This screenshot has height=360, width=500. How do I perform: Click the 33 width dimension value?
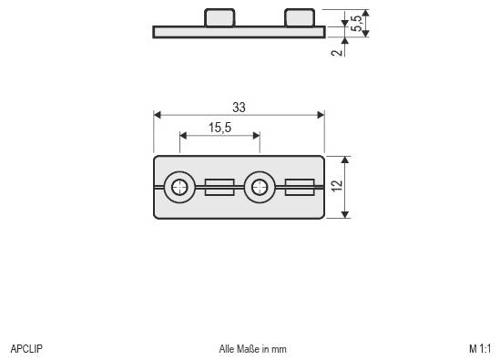point(239,107)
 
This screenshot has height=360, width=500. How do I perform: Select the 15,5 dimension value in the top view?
point(219,128)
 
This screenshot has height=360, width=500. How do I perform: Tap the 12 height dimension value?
point(336,187)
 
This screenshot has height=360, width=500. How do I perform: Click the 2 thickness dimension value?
point(336,52)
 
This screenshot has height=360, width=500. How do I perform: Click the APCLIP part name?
point(26,348)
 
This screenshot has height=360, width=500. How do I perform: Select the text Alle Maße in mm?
point(252,348)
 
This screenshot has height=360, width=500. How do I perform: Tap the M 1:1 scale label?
point(480,348)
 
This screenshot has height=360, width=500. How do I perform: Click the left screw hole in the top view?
point(180,187)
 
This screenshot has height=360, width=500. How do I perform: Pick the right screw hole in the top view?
point(260,187)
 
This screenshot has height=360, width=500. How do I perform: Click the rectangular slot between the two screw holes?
point(219,187)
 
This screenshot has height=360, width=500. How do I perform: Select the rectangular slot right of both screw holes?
point(300,187)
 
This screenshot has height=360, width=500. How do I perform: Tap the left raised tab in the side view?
point(218,17)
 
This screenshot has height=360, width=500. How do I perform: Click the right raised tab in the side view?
point(299,17)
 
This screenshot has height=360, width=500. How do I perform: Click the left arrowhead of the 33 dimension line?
point(158,115)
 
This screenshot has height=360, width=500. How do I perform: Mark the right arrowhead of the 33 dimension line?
point(320,115)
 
